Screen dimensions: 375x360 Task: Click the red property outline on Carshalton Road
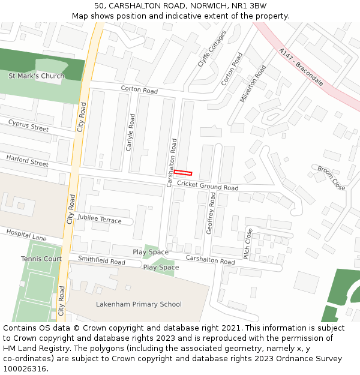click(183, 173)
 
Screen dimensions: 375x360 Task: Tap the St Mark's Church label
click(36, 76)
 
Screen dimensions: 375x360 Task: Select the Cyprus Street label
click(28, 125)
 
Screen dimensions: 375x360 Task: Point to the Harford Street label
click(27, 160)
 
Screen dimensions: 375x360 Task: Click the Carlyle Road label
click(130, 133)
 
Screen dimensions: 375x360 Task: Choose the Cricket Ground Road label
click(208, 187)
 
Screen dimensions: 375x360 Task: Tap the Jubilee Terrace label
click(99, 220)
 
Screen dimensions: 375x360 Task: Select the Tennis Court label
click(41, 259)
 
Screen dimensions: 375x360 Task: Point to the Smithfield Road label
click(101, 262)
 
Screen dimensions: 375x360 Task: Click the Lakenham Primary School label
click(139, 304)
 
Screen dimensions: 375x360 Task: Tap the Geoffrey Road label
click(211, 221)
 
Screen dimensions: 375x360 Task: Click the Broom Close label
click(331, 178)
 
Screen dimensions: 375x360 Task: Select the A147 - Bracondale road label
click(301, 67)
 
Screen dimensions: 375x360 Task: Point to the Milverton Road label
click(253, 83)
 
